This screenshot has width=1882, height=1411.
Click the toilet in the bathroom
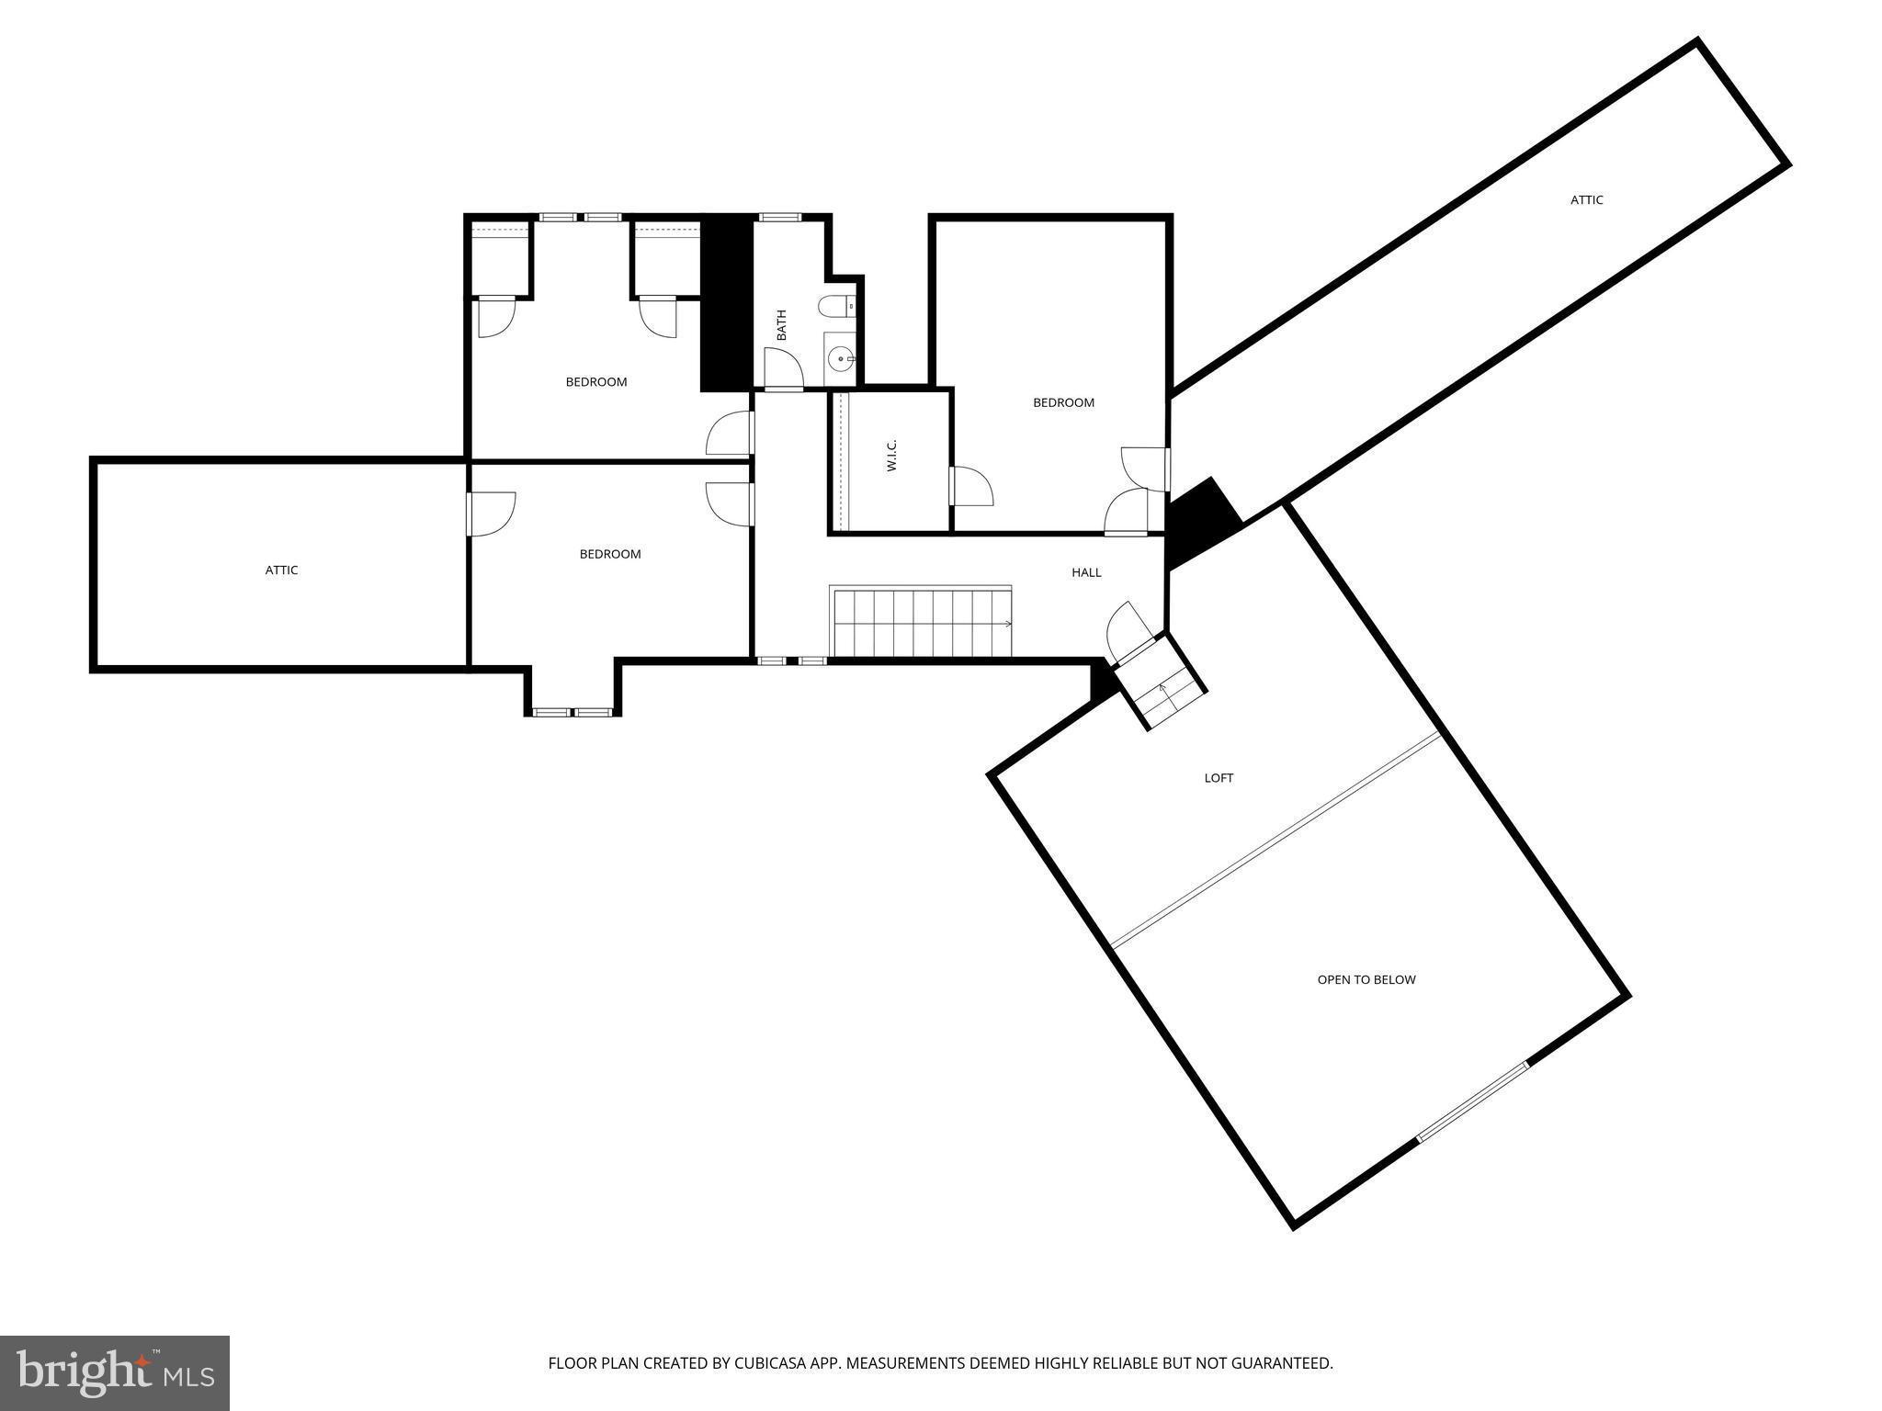[x=837, y=306]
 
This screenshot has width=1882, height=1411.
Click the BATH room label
[x=782, y=325]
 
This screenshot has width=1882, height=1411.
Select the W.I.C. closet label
[x=891, y=456]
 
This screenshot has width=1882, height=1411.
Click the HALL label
[x=1086, y=572]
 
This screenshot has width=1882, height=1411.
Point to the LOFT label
[x=1219, y=778]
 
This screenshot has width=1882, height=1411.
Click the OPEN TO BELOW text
[x=1366, y=979]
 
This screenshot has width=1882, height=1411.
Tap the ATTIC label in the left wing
[x=281, y=570]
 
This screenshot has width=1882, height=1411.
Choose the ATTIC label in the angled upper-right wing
[x=1586, y=199]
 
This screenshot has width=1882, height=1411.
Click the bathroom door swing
[x=784, y=368]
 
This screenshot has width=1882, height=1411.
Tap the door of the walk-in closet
[x=970, y=486]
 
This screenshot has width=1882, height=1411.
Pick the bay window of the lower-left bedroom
[x=573, y=712]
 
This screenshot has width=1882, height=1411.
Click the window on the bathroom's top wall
[x=779, y=218]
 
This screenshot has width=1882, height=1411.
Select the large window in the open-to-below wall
[x=1472, y=1102]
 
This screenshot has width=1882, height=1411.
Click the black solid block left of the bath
[x=727, y=303]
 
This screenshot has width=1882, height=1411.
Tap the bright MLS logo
[x=115, y=1372]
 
